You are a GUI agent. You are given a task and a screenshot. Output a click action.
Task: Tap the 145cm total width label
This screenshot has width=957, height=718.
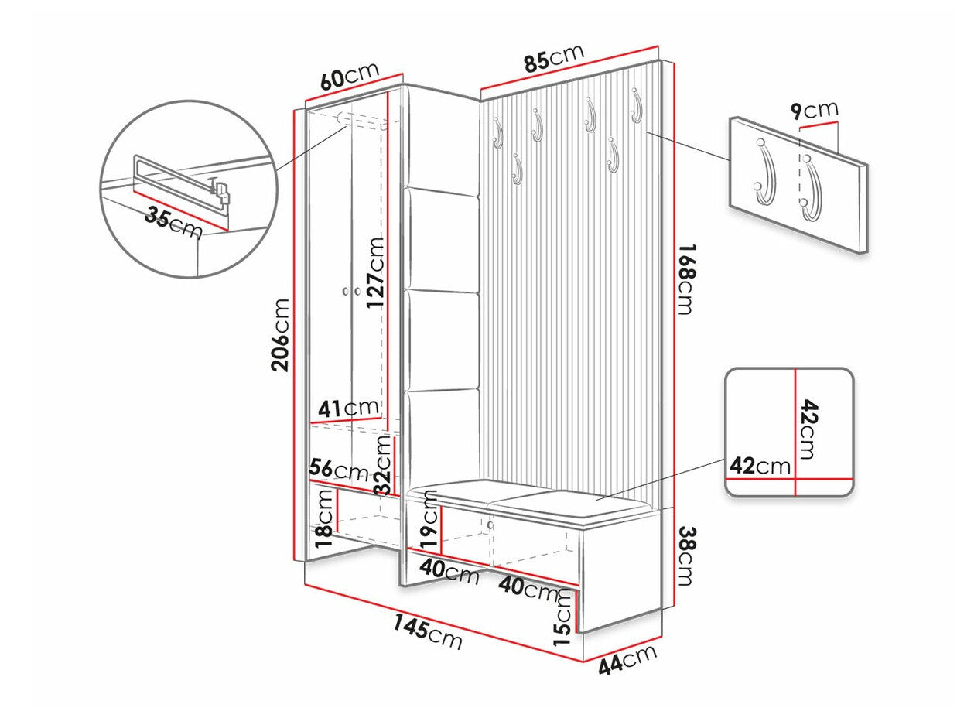[x=427, y=631]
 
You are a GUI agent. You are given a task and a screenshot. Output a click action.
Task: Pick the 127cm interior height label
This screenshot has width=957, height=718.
[x=375, y=272]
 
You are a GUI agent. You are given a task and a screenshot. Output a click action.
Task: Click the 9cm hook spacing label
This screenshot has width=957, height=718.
[x=814, y=110]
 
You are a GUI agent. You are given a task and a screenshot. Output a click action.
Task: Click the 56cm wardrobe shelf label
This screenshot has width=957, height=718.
[x=339, y=469]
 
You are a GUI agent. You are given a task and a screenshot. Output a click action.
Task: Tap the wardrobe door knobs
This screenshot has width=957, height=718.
[x=351, y=292]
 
